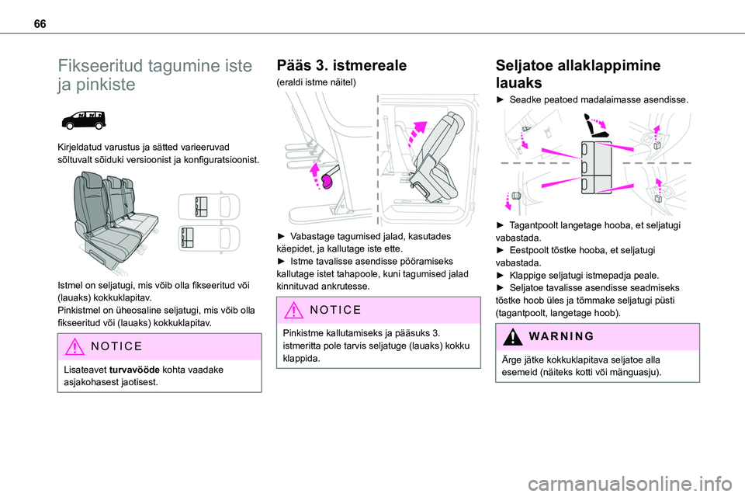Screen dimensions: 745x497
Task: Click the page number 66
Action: click(40, 24)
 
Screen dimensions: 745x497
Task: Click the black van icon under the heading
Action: click(84, 120)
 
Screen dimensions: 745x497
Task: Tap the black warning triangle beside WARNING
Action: click(513, 336)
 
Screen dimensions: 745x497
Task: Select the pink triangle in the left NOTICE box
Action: click(74, 346)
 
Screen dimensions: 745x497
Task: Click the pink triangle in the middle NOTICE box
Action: click(293, 310)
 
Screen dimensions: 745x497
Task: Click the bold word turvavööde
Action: click(134, 370)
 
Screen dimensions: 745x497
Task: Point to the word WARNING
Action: click(561, 336)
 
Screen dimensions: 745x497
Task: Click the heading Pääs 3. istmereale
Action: click(341, 65)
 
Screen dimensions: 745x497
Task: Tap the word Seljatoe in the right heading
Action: click(524, 65)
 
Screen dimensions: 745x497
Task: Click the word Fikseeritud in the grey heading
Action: click(100, 66)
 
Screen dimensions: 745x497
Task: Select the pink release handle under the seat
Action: click(328, 181)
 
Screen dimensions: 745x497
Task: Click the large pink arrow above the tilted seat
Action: click(417, 133)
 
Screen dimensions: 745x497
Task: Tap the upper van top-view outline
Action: click(209, 207)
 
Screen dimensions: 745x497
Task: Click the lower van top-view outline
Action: click(209, 238)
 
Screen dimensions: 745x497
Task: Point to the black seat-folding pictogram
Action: click(597, 126)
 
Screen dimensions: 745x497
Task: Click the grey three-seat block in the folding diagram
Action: click(596, 168)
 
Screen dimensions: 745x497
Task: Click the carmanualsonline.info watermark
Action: click(629, 484)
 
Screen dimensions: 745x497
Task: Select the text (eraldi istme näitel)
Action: click(317, 82)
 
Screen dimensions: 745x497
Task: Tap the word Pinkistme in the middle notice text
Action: click(303, 333)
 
